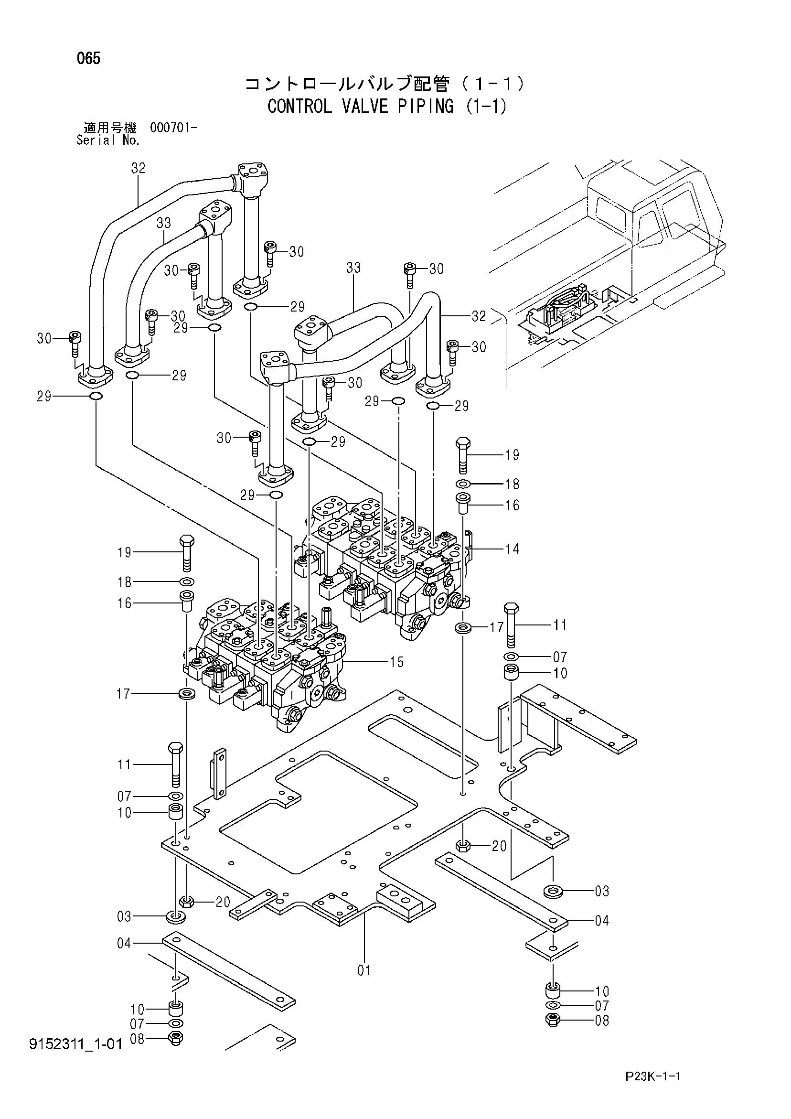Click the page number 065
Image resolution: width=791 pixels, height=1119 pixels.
pyautogui.click(x=88, y=59)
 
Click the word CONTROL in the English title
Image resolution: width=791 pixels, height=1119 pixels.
pyautogui.click(x=299, y=106)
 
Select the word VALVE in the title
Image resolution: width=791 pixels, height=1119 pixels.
pyautogui.click(x=367, y=106)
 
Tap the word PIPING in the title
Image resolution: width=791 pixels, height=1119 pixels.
pyautogui.click(x=426, y=106)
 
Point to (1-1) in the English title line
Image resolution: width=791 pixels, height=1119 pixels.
pyautogui.click(x=485, y=106)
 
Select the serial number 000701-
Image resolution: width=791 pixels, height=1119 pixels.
pyautogui.click(x=173, y=128)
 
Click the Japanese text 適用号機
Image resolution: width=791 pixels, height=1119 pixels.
pyautogui.click(x=110, y=128)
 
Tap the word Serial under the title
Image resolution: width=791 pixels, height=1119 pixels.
pyautogui.click(x=96, y=141)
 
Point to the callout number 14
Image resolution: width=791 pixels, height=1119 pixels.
pyautogui.click(x=512, y=549)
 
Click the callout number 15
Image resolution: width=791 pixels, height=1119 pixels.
pyautogui.click(x=397, y=662)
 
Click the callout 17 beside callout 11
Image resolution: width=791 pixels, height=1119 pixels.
pyautogui.click(x=497, y=627)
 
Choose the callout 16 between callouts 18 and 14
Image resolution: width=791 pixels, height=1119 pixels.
pyautogui.click(x=512, y=505)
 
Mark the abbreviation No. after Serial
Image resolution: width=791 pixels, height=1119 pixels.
pyautogui.click(x=128, y=141)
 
